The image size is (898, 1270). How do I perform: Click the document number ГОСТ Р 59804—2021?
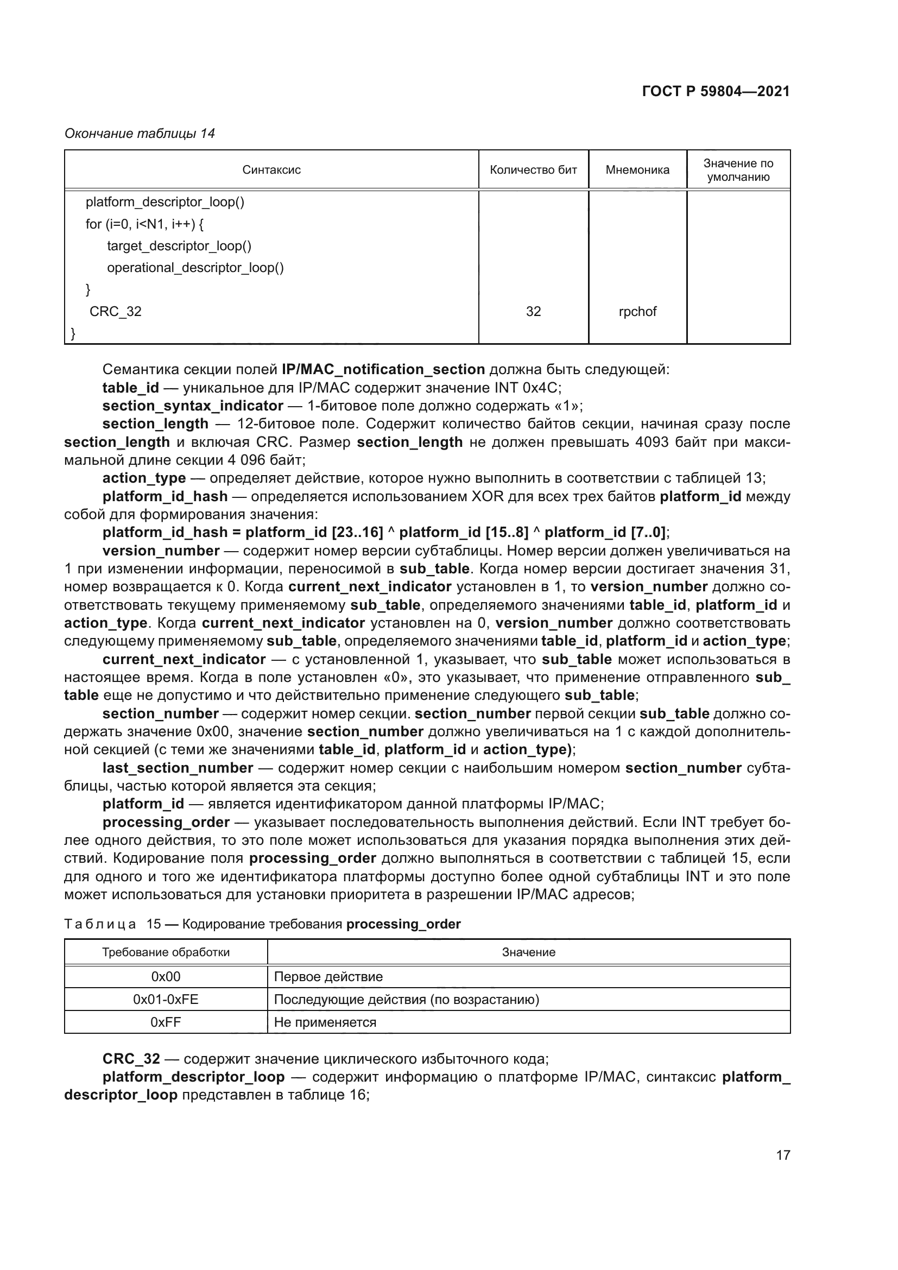click(716, 92)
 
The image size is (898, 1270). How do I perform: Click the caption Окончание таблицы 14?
click(140, 134)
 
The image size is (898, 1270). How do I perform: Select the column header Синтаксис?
click(271, 170)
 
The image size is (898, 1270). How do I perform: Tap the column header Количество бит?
click(533, 170)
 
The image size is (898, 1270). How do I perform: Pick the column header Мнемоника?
click(637, 170)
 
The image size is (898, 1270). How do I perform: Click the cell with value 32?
click(533, 312)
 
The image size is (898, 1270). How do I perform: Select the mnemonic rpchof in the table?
click(637, 312)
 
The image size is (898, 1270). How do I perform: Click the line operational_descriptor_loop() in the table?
click(195, 268)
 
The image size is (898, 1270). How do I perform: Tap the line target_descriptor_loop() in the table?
click(179, 245)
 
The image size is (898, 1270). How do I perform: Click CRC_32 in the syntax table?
click(116, 312)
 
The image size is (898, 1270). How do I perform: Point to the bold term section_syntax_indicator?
click(192, 406)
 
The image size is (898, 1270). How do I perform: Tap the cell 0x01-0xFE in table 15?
click(166, 999)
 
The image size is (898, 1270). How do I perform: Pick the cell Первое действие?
click(328, 976)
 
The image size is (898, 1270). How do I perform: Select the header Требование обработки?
click(166, 952)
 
